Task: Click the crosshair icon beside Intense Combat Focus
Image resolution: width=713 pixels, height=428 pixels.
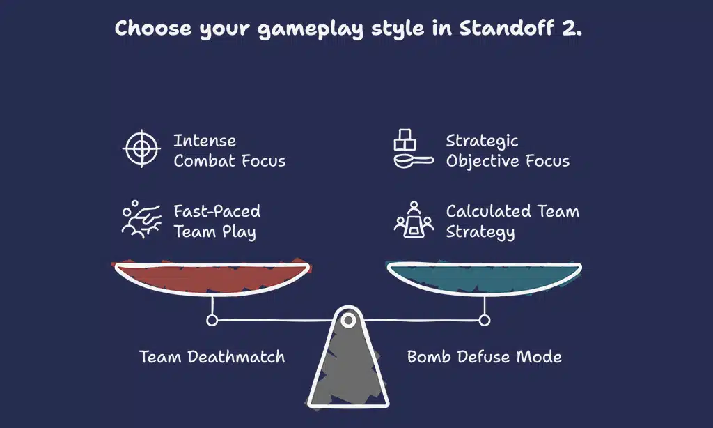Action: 141,148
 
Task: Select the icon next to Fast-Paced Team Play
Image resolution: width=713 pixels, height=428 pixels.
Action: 141,220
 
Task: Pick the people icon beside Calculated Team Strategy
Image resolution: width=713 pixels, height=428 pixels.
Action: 414,220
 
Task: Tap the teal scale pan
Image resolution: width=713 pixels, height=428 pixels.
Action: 484,278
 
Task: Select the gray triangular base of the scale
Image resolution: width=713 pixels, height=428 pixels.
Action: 348,369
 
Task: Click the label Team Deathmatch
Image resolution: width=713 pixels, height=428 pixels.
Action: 212,357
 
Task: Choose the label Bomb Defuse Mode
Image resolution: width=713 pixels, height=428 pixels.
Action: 484,357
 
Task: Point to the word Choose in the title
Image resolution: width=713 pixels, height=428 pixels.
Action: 151,29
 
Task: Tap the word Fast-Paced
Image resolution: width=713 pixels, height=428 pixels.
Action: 217,211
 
